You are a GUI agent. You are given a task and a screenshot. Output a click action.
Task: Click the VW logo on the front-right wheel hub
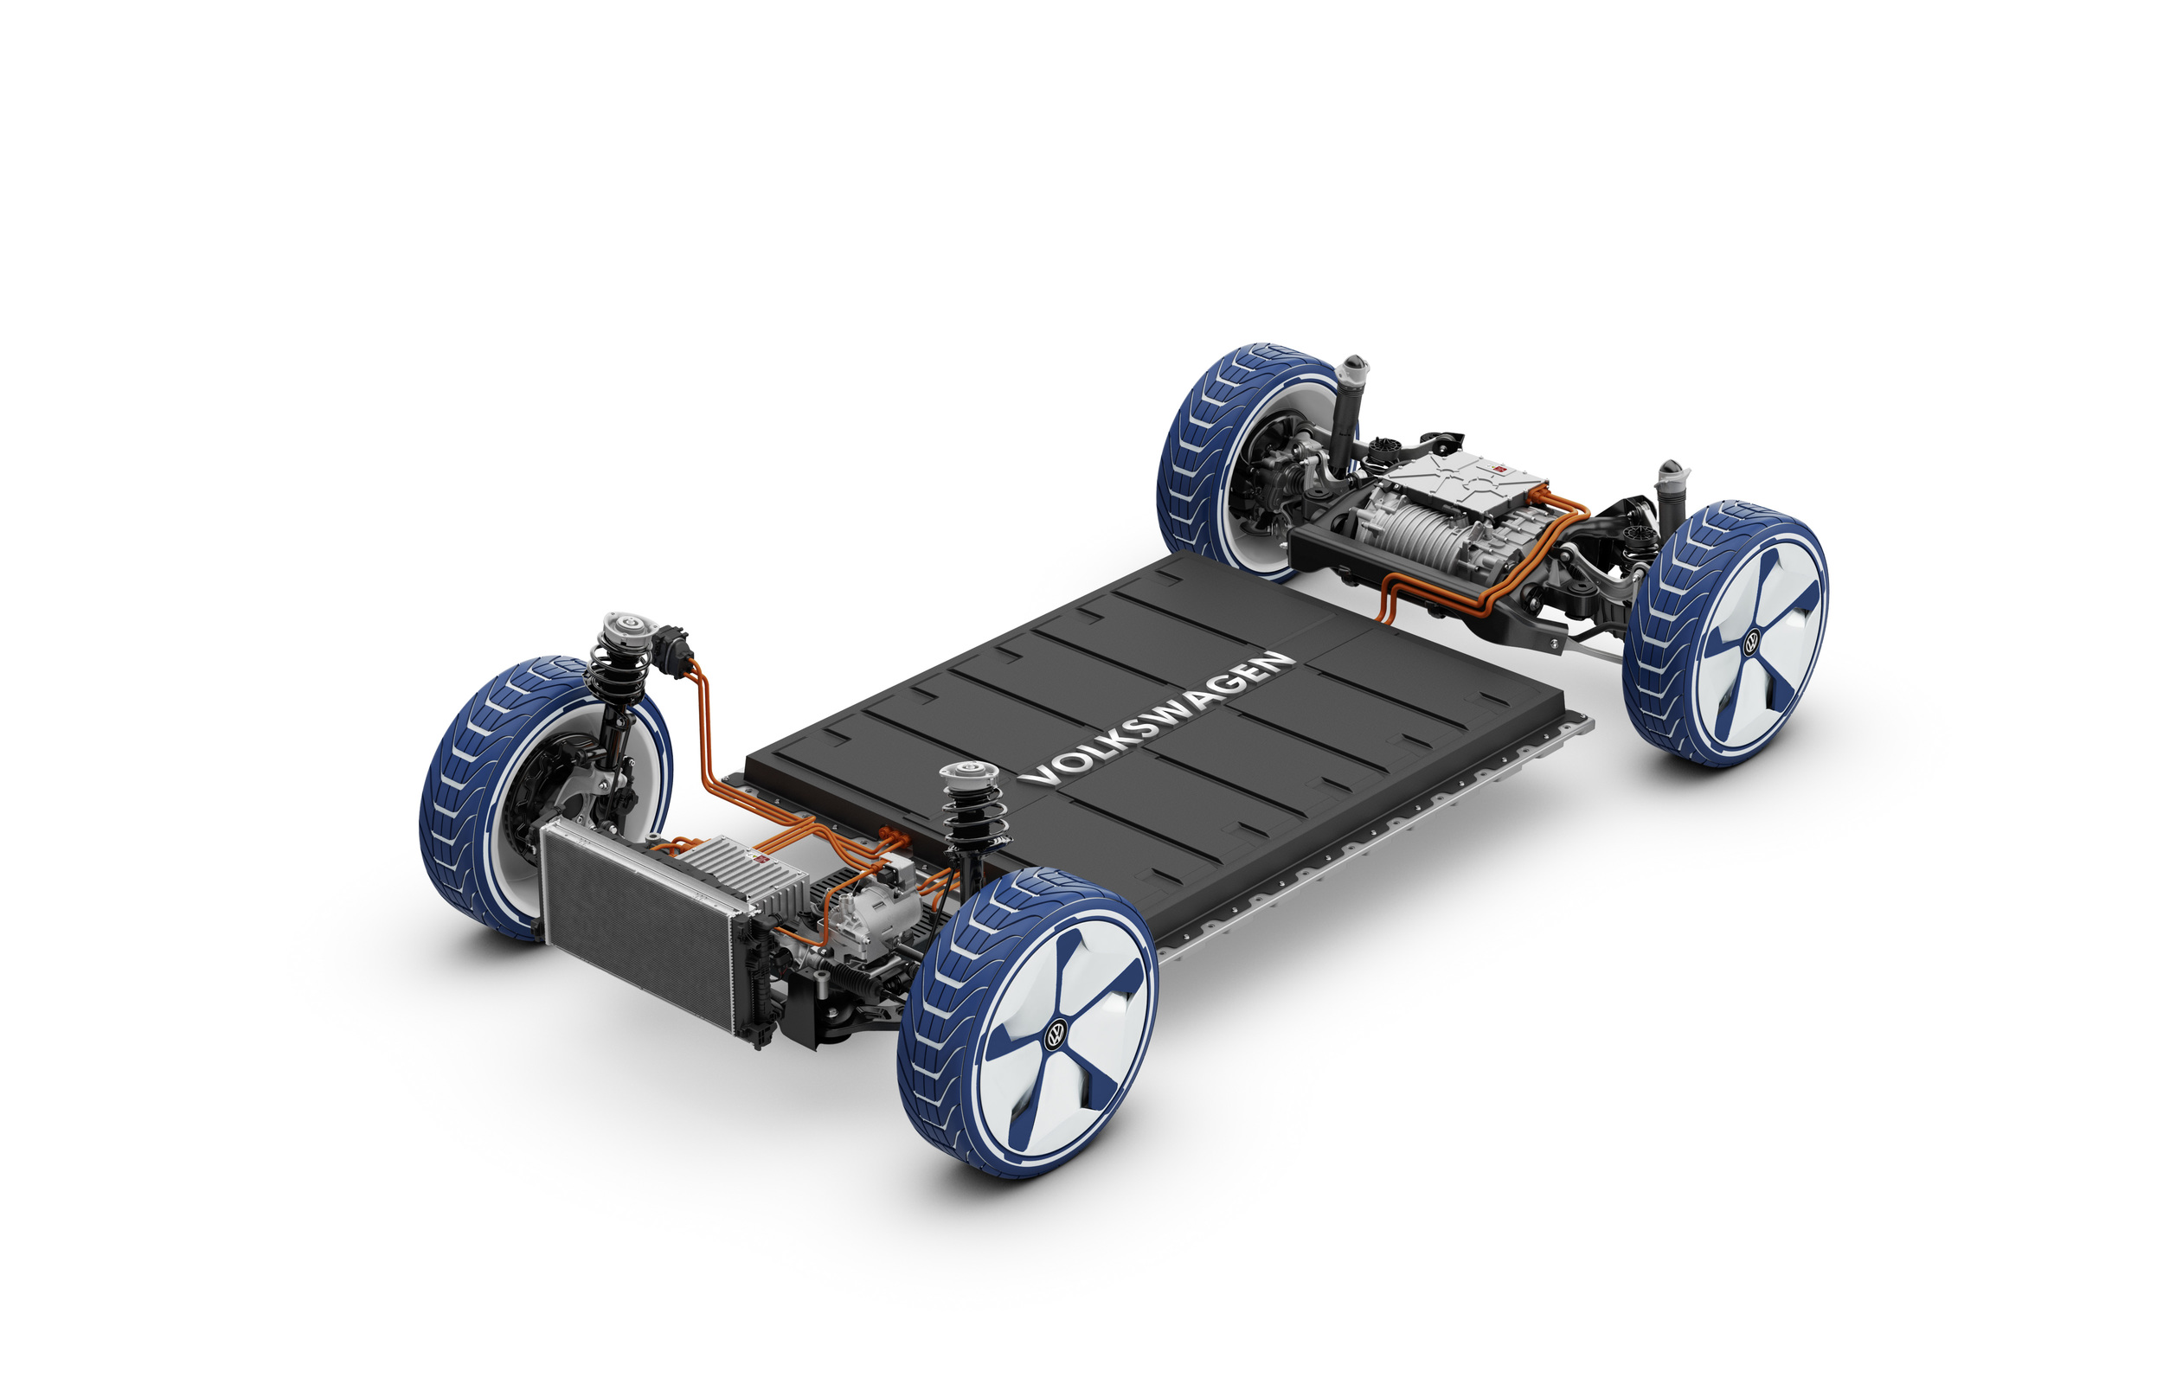(x=1055, y=1036)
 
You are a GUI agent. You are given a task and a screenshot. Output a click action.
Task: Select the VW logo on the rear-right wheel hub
(x=1751, y=644)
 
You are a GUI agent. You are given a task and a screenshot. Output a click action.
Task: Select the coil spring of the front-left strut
(x=613, y=672)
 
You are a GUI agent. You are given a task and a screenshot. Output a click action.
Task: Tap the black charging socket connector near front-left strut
(x=672, y=644)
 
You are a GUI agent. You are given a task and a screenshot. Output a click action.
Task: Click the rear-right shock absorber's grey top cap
(x=1672, y=471)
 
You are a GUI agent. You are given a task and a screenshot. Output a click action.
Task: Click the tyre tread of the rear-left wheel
(x=1204, y=449)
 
